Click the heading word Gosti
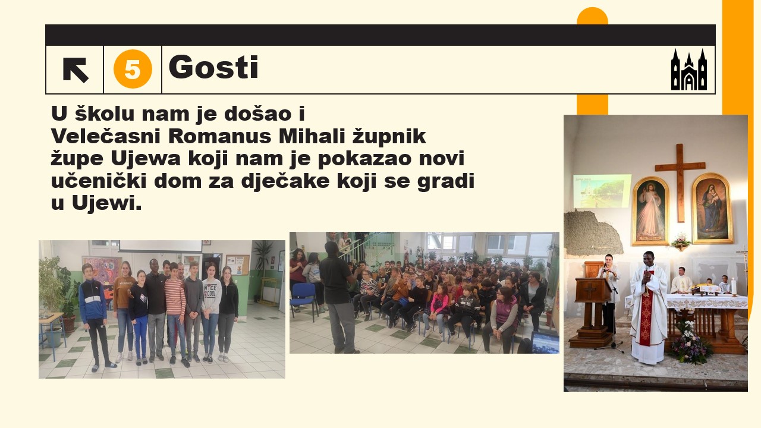pos(213,67)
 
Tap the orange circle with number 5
pos(133,69)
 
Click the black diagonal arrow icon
pos(76,70)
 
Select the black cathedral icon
pos(689,70)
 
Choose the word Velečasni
pos(106,137)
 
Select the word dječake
pos(285,181)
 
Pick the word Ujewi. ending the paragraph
pos(106,203)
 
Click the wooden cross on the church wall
pos(680,182)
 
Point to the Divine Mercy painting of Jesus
pos(650,210)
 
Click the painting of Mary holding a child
pos(712,208)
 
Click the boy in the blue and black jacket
pos(95,315)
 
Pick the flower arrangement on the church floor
pos(689,342)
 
